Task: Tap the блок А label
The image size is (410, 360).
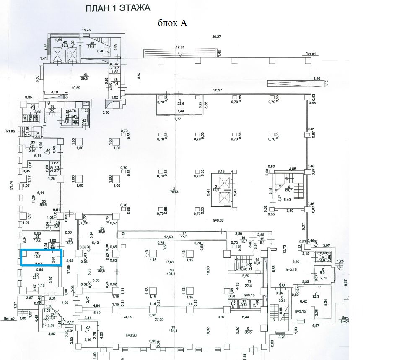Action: tap(172, 23)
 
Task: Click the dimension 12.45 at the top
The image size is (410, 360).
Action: tap(86, 30)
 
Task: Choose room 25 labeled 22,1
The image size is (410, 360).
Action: tap(36, 277)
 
